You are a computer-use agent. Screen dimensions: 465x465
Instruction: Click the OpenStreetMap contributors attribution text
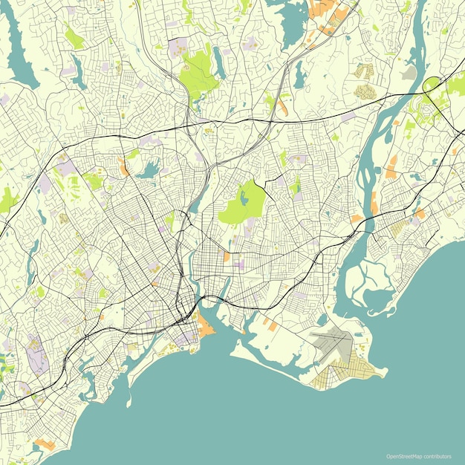418,456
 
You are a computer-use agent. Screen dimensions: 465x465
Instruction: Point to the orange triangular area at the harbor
204,325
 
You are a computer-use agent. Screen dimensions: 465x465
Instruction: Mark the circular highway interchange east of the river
432,85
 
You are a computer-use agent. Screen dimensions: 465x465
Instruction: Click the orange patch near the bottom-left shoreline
45,444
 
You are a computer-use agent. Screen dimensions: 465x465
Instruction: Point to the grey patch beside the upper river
409,73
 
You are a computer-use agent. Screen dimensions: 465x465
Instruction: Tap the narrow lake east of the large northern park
218,63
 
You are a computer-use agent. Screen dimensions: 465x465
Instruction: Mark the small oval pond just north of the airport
321,319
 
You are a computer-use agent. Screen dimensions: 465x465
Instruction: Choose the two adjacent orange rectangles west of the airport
267,324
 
